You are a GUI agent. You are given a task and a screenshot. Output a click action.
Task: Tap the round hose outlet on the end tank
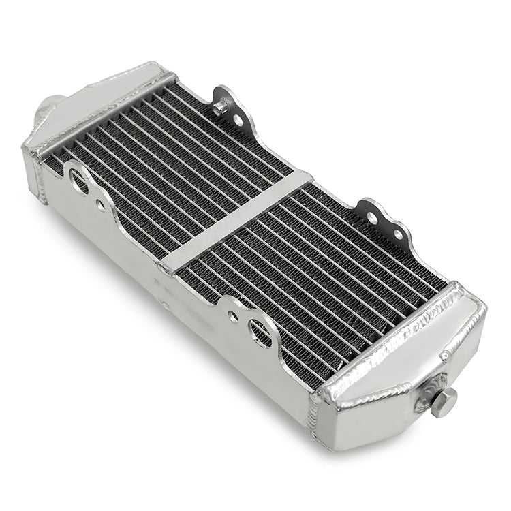point(46,109)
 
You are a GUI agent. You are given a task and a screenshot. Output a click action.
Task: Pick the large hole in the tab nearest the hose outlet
point(78,182)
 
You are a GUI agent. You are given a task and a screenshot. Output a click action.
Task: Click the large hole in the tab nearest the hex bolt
point(260,332)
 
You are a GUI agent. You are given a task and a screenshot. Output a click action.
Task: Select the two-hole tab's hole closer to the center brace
point(372,218)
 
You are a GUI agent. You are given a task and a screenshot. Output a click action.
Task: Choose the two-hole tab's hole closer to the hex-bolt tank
point(397,234)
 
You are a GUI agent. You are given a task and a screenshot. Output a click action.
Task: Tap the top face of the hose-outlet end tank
point(102,103)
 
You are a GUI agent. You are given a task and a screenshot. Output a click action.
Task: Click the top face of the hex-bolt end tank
point(402,347)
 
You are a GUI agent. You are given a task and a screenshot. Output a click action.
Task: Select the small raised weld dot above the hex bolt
point(444,356)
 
